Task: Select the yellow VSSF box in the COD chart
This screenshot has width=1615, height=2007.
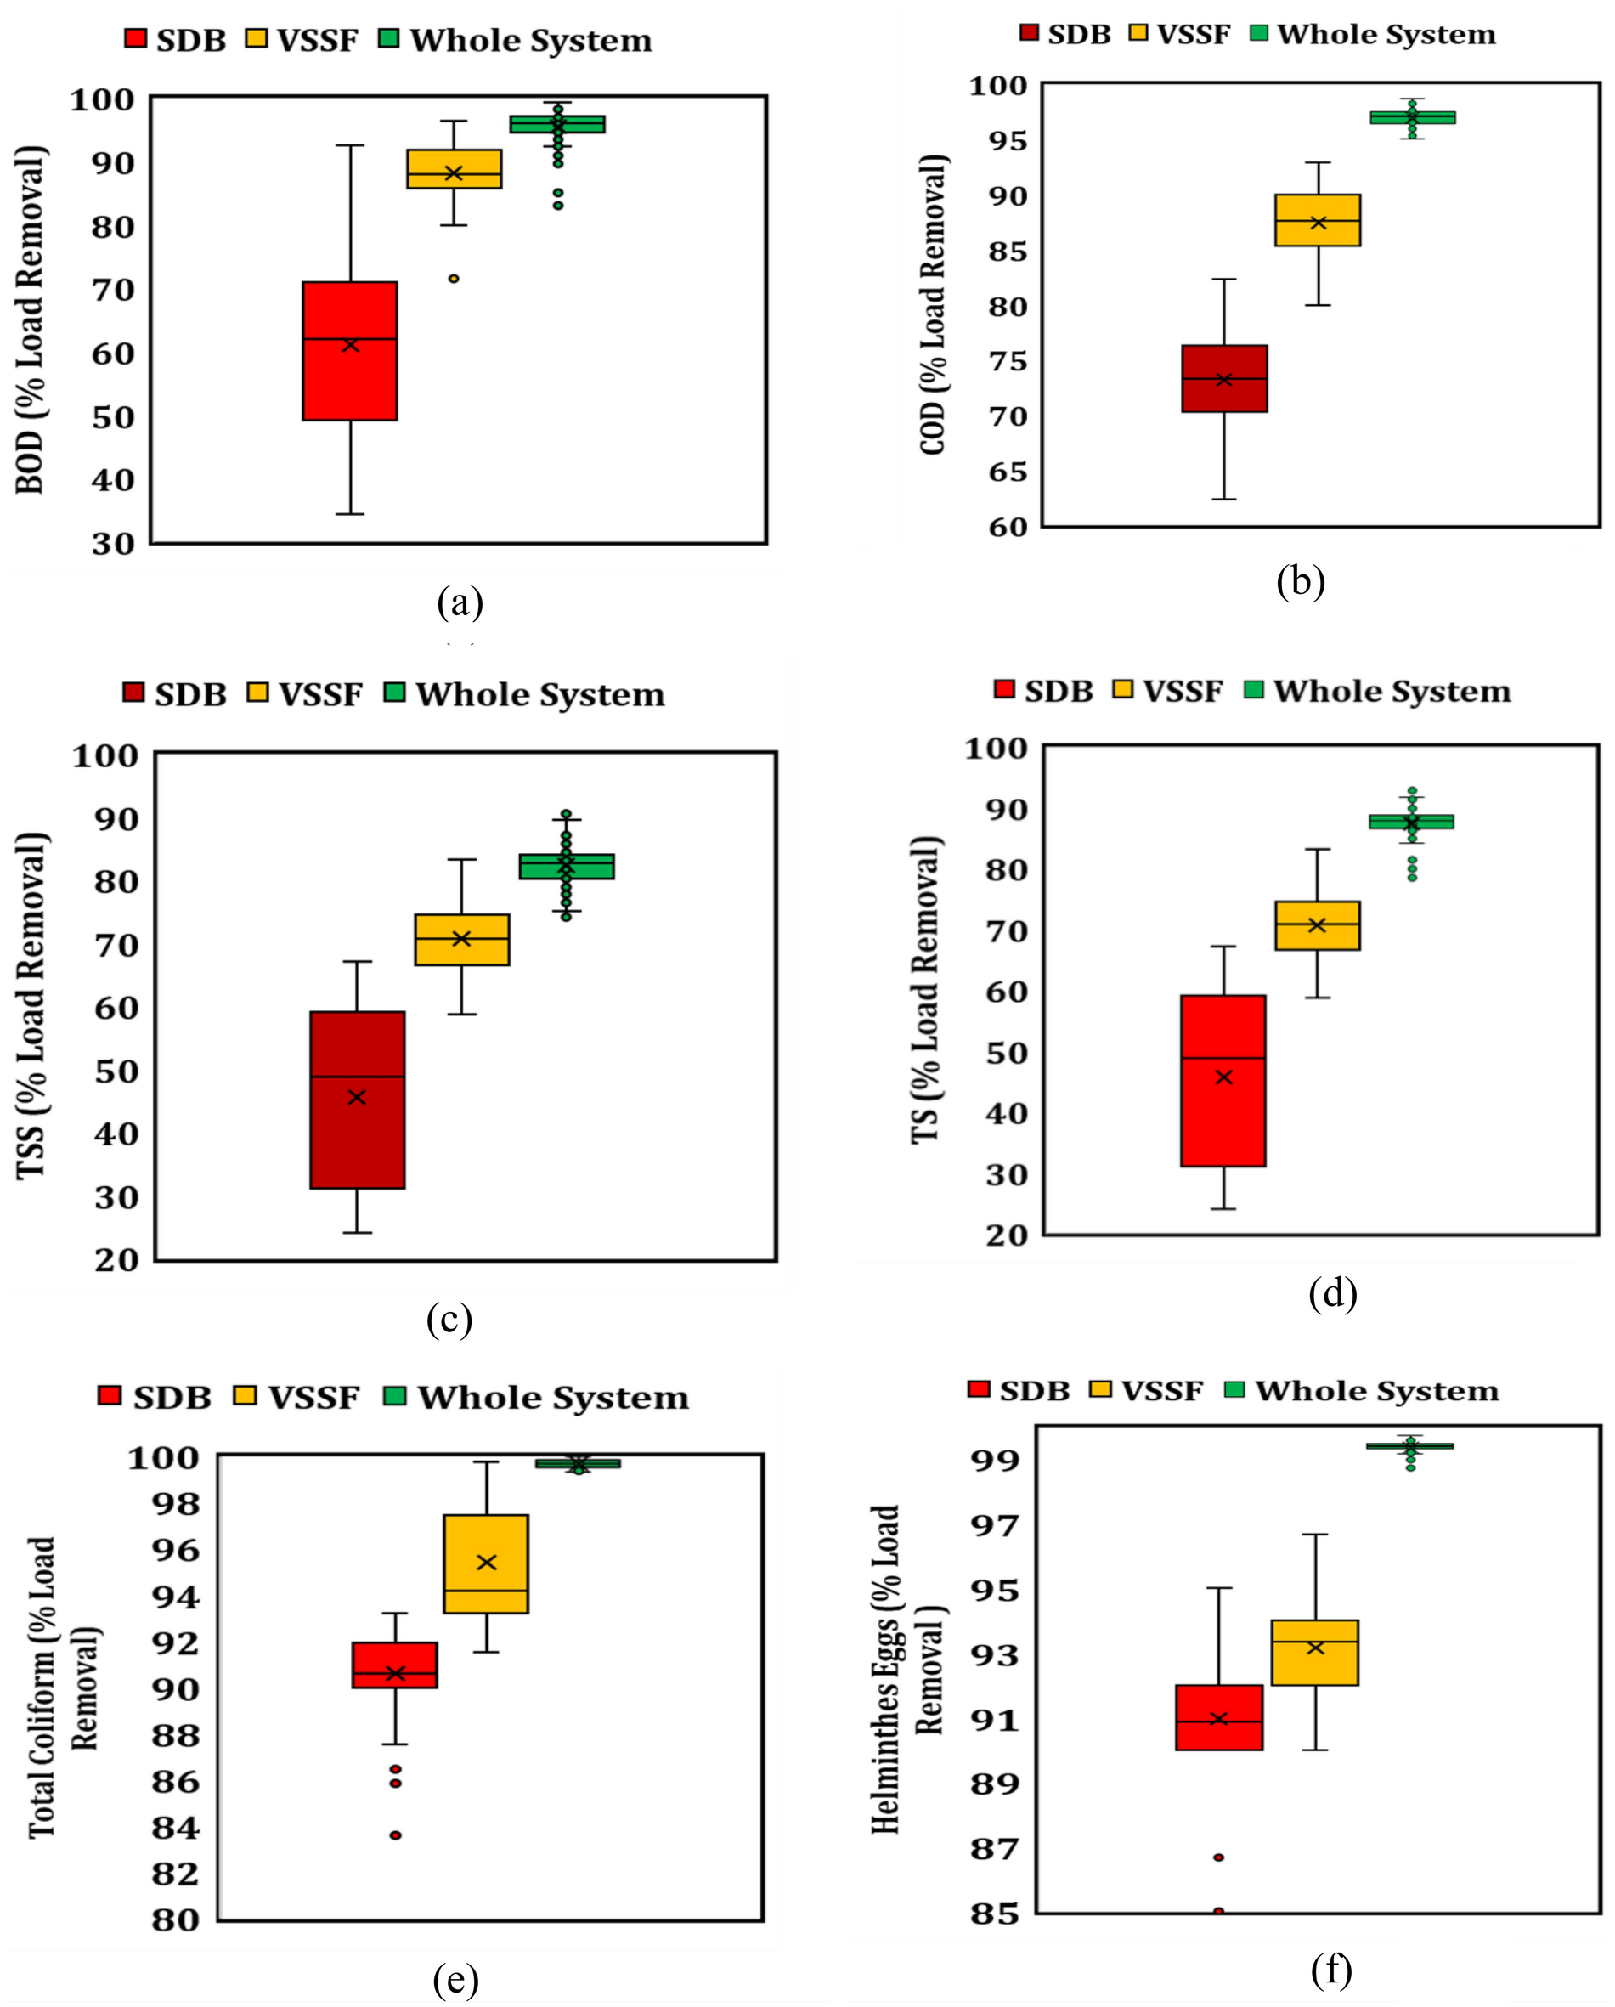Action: click(x=1317, y=220)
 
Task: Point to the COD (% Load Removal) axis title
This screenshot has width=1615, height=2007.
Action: click(x=934, y=304)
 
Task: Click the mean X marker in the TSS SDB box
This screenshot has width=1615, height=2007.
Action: click(x=357, y=1098)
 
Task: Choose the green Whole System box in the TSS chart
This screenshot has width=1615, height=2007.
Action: click(x=566, y=866)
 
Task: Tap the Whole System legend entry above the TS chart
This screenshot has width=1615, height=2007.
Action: click(x=1378, y=691)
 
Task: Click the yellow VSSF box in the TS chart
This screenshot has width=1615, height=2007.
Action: click(x=1317, y=925)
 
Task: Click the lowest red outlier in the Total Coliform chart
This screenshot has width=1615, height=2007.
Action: click(x=396, y=1835)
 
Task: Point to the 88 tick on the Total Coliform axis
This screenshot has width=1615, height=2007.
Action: click(x=176, y=1735)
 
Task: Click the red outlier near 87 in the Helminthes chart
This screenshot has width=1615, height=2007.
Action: click(x=1218, y=1857)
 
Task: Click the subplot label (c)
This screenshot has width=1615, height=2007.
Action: click(x=449, y=1319)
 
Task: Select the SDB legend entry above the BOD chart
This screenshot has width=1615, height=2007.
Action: click(x=176, y=41)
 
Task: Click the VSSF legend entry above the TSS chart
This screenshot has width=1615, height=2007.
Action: click(x=305, y=694)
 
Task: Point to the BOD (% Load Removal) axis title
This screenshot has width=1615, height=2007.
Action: click(x=31, y=319)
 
